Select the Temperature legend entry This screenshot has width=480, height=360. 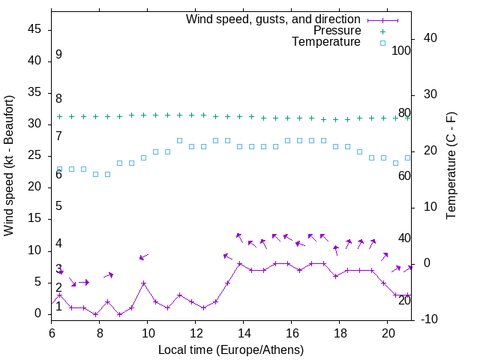coord(326,43)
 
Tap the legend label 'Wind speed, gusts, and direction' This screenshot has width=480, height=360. coord(274,19)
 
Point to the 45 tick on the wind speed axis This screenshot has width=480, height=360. coord(34,29)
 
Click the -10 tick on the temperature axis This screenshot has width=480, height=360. coord(430,319)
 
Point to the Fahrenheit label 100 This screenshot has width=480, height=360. coord(401,50)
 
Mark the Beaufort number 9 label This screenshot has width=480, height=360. coord(58,55)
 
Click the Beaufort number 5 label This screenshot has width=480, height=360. coord(58,206)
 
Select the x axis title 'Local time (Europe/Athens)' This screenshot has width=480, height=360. coord(231,349)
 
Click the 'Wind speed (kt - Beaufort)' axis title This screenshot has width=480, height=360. coord(9,165)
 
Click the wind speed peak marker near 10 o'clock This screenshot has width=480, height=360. coord(143,283)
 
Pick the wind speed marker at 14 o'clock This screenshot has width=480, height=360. coord(239,263)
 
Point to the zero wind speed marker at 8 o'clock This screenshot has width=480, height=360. coord(95,314)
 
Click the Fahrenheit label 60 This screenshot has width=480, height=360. coord(404,175)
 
